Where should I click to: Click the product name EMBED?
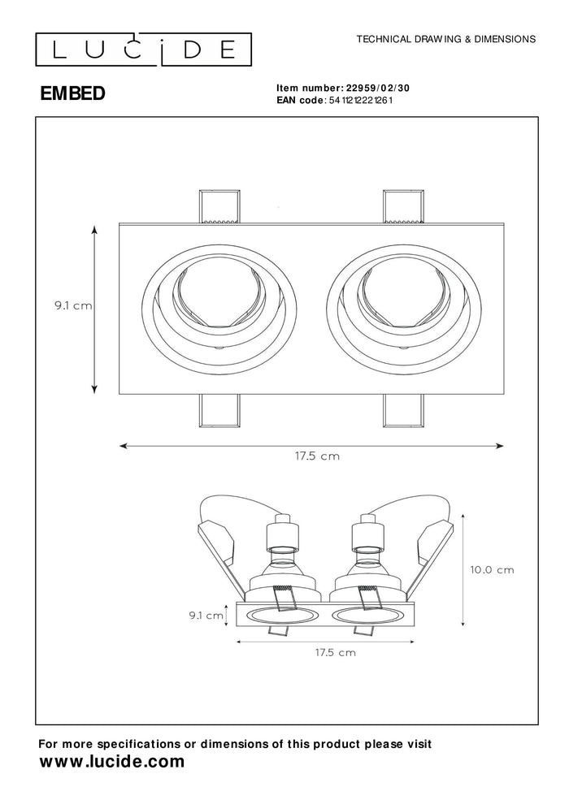(x=72, y=93)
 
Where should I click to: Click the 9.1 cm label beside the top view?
(x=72, y=306)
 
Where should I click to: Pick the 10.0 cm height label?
(x=492, y=569)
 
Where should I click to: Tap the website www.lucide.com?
(x=112, y=762)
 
